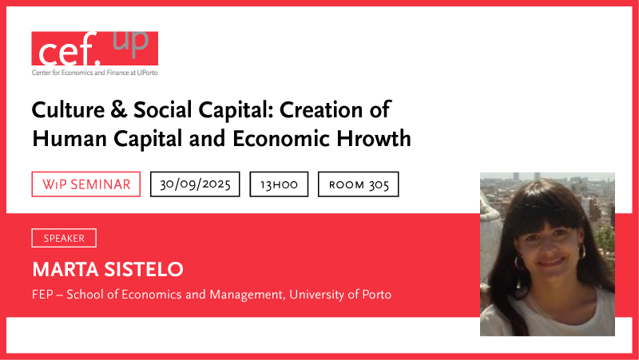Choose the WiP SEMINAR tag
click(85, 184)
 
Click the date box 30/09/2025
click(195, 184)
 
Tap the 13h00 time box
click(279, 184)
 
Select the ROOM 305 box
click(358, 184)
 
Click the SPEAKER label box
click(64, 237)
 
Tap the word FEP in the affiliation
click(44, 295)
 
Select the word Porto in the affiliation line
click(374, 295)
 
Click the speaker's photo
click(547, 254)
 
